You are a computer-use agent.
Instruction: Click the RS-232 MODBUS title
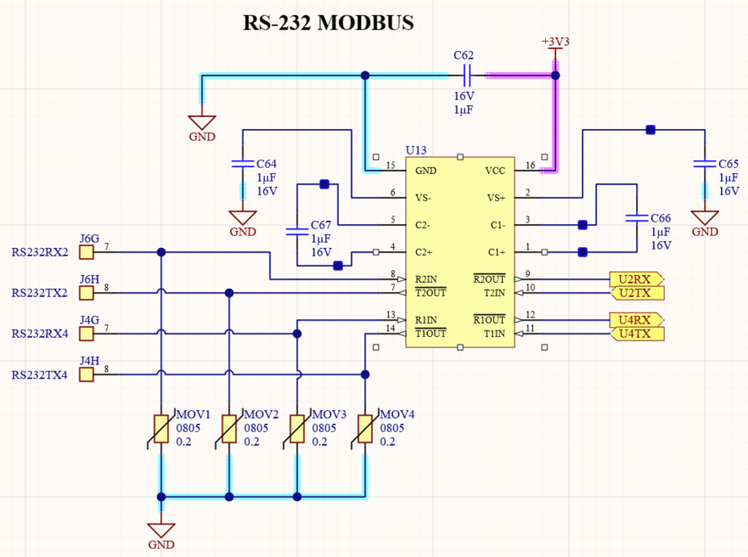[329, 22]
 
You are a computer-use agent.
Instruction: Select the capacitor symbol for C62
[467, 76]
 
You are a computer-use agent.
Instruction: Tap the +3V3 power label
[555, 42]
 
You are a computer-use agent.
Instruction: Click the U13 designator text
[415, 150]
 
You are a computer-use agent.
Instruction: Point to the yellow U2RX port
[637, 279]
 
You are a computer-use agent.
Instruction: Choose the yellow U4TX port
[638, 334]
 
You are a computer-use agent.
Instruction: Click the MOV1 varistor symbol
[160, 429]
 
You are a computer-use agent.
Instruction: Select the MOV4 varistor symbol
[365, 429]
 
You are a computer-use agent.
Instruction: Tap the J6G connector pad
[87, 252]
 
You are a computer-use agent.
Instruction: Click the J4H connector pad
[87, 374]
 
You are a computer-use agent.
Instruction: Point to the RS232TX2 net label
[40, 293]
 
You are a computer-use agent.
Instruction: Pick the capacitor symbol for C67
[296, 232]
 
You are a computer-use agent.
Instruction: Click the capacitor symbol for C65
[705, 164]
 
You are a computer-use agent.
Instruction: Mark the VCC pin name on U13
[495, 171]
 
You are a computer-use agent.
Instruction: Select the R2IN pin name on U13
[425, 279]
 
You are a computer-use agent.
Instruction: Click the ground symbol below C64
[243, 218]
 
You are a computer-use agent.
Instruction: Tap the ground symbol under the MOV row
[161, 531]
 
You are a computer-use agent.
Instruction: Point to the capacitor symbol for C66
[637, 218]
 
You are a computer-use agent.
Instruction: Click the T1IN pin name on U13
[494, 334]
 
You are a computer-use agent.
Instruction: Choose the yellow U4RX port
[637, 319]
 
